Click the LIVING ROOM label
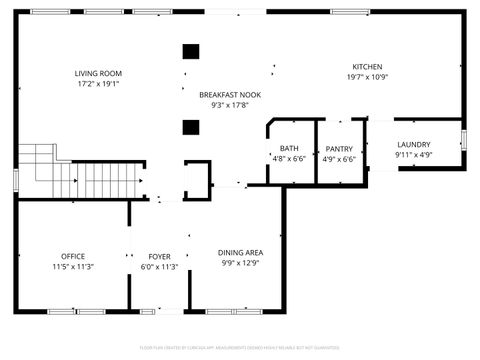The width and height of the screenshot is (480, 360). click(98, 73)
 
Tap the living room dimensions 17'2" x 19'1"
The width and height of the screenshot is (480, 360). click(98, 84)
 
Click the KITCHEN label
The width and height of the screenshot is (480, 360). click(367, 66)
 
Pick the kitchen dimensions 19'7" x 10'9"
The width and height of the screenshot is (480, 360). click(367, 77)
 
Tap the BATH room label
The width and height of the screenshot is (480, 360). click(288, 148)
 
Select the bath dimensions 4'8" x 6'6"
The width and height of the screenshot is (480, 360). click(288, 159)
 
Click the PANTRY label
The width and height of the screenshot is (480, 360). click(339, 148)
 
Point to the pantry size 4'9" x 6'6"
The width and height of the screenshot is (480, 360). click(339, 159)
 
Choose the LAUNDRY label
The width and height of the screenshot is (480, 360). click(413, 144)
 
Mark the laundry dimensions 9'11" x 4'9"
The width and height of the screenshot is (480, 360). click(413, 155)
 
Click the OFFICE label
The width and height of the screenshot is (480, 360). click(72, 256)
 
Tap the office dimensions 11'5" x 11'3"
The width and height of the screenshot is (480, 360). click(72, 267)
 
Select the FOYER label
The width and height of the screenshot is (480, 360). click(159, 256)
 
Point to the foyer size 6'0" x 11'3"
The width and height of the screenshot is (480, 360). click(159, 267)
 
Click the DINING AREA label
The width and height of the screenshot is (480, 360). click(241, 252)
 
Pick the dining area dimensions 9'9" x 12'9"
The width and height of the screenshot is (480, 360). click(241, 263)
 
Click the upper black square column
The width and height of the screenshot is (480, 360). click(190, 52)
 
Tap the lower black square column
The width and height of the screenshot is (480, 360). click(190, 126)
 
